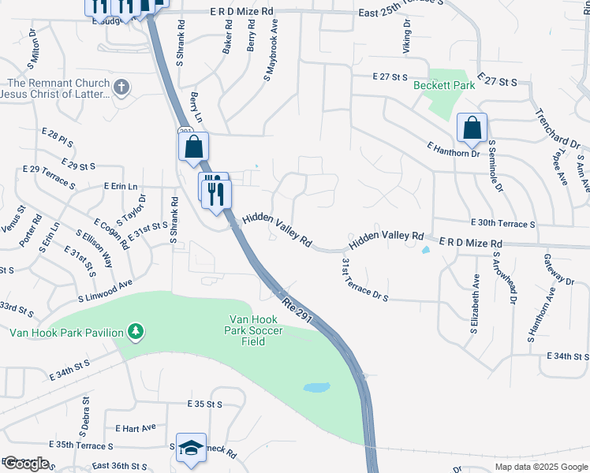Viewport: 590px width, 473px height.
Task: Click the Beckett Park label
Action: pyautogui.click(x=445, y=85)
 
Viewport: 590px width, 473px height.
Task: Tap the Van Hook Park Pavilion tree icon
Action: pyautogui.click(x=136, y=331)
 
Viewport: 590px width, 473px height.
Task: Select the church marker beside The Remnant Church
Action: pyautogui.click(x=121, y=87)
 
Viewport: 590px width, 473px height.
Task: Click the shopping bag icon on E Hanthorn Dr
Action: pyautogui.click(x=472, y=128)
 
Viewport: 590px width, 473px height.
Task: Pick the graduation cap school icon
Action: pyautogui.click(x=190, y=448)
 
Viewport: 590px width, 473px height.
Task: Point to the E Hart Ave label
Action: pyautogui.click(x=136, y=428)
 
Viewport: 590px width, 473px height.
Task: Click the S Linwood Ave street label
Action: pyautogui.click(x=105, y=292)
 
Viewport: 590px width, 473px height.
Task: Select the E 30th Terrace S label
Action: pyautogui.click(x=502, y=224)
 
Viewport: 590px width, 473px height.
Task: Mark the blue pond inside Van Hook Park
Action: pyautogui.click(x=316, y=388)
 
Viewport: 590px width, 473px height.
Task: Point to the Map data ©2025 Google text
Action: pyautogui.click(x=540, y=467)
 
